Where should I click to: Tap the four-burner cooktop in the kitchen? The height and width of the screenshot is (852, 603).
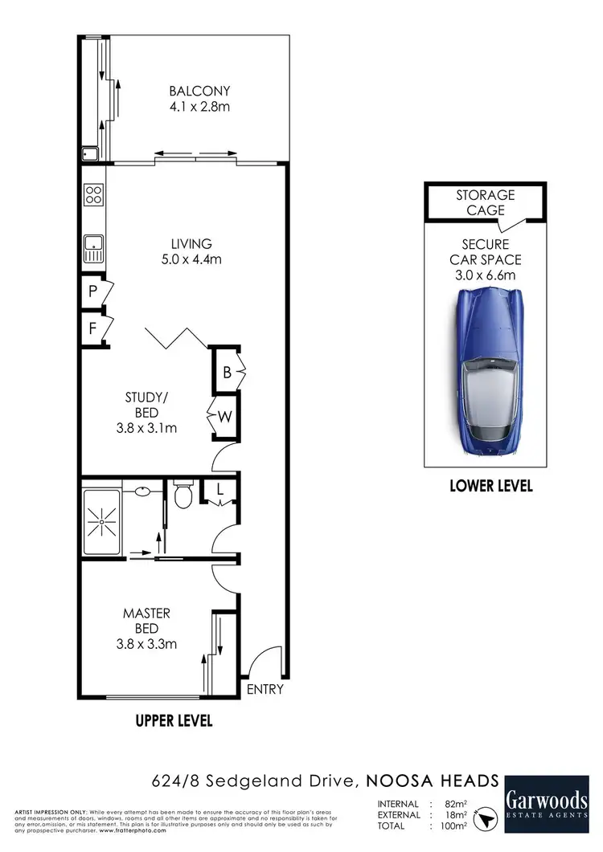(x=93, y=194)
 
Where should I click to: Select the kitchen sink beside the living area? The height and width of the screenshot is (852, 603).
(x=93, y=247)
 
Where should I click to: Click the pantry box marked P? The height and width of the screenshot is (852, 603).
(x=93, y=291)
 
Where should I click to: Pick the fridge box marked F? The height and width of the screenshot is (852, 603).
(x=93, y=328)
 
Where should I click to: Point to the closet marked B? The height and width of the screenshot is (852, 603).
(x=226, y=372)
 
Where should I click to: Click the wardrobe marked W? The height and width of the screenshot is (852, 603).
(x=226, y=417)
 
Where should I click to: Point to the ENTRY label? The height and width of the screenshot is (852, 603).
(x=265, y=689)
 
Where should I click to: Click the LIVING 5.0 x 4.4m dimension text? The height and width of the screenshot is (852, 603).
(x=190, y=259)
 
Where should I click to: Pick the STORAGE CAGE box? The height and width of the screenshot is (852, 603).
(x=486, y=202)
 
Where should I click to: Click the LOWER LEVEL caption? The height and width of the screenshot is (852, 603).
(x=490, y=487)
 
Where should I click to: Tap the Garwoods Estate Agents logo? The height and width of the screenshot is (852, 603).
(x=547, y=805)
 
